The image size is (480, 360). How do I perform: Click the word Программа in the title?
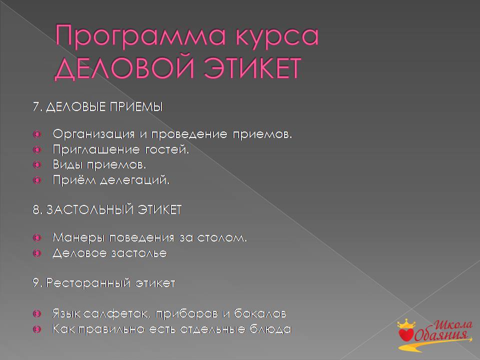[x=140, y=36]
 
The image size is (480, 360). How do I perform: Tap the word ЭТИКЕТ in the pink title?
[x=252, y=68]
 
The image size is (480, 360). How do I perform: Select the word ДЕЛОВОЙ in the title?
[x=124, y=68]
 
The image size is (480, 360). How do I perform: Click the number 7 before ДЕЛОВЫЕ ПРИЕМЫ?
[x=36, y=107]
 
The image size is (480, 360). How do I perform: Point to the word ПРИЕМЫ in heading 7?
[x=136, y=107]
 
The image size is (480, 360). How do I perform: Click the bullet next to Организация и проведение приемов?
[x=37, y=134]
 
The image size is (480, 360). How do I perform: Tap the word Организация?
[x=93, y=134]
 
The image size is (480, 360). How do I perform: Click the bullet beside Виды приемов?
[x=37, y=165]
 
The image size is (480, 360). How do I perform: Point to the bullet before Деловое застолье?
[x=37, y=253]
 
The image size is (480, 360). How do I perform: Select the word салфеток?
[x=116, y=314]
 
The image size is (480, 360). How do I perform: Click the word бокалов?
[x=260, y=314]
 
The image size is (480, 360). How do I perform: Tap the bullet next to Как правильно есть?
[x=37, y=329]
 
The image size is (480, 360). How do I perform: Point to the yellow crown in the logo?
[x=406, y=323]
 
